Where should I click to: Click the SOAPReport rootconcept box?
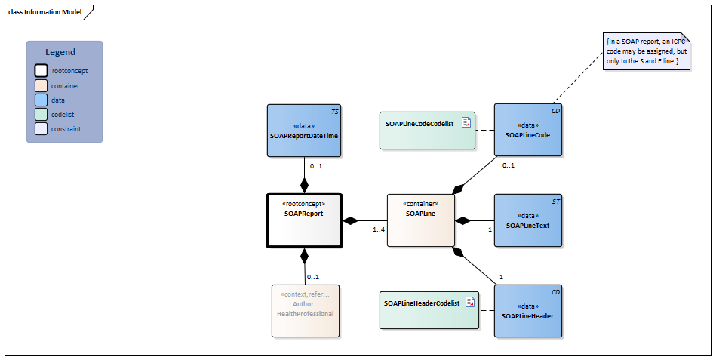click(x=304, y=220)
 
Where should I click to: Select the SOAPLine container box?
click(x=420, y=220)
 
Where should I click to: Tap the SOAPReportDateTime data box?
click(x=304, y=131)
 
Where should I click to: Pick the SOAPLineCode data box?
click(x=527, y=131)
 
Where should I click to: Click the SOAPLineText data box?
click(x=527, y=220)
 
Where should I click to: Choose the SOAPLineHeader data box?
click(x=527, y=310)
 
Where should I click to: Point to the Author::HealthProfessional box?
click(x=305, y=310)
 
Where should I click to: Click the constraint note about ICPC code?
click(x=646, y=51)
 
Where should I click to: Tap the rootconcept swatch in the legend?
click(x=41, y=71)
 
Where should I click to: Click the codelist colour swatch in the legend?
click(x=41, y=114)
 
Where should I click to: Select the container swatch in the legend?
click(x=41, y=85)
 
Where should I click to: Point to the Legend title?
click(x=60, y=52)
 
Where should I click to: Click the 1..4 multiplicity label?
click(x=379, y=230)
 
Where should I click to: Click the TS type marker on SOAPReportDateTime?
click(x=334, y=111)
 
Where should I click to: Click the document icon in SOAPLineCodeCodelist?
click(x=466, y=122)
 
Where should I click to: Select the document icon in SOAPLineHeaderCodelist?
click(x=469, y=302)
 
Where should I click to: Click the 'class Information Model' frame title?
click(x=45, y=12)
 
